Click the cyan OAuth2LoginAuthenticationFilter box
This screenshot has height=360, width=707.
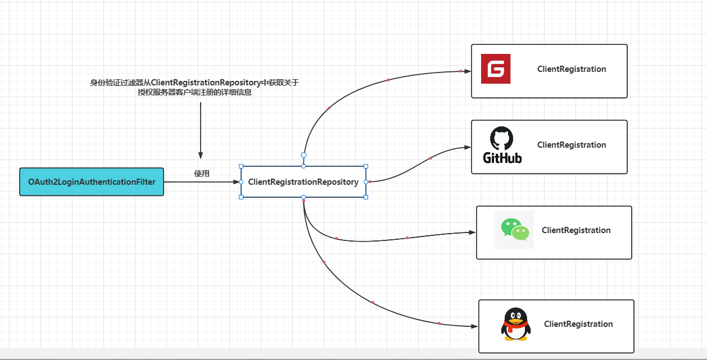pyautogui.click(x=92, y=182)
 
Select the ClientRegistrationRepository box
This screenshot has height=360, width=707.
pyautogui.click(x=303, y=182)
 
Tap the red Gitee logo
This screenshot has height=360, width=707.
pyautogui.click(x=496, y=69)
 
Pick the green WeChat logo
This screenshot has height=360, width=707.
pyautogui.click(x=514, y=229)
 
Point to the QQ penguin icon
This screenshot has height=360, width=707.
pyautogui.click(x=515, y=324)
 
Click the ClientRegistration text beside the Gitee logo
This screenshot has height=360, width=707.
pyautogui.click(x=572, y=69)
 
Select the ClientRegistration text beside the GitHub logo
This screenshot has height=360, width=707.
pyautogui.click(x=572, y=145)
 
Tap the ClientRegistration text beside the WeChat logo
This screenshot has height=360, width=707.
pyautogui.click(x=576, y=230)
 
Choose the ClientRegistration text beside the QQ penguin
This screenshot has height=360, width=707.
pyautogui.click(x=578, y=324)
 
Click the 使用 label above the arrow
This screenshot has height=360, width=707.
pyautogui.click(x=202, y=174)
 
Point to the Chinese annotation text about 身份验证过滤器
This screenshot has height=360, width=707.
pyautogui.click(x=194, y=88)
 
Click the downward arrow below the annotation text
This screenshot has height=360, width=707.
pyautogui.click(x=201, y=129)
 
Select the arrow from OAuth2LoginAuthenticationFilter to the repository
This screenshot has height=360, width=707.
pyautogui.click(x=202, y=182)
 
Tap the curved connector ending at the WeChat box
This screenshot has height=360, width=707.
pyautogui.click(x=371, y=240)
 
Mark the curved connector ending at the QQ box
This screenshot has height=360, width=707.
pyautogui.click(x=373, y=303)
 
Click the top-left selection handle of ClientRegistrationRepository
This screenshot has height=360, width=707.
pyautogui.click(x=241, y=166)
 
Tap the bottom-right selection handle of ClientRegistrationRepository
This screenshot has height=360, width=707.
pyautogui.click(x=366, y=197)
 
